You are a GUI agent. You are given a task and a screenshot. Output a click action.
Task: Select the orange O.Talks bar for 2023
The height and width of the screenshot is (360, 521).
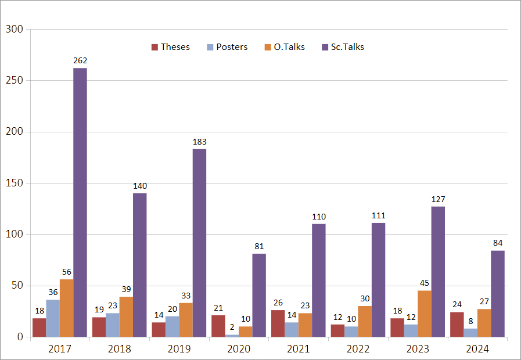point(424,314)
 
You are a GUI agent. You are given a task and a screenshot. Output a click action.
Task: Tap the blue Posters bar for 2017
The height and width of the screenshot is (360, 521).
point(53,318)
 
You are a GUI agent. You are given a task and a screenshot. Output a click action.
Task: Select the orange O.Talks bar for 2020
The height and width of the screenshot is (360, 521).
point(245,332)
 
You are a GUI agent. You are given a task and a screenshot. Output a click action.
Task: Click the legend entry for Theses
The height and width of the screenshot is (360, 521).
point(170,47)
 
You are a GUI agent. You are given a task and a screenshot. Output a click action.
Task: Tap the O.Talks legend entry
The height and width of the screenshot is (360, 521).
point(284,47)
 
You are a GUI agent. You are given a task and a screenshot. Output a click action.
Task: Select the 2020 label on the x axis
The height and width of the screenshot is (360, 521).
point(239,349)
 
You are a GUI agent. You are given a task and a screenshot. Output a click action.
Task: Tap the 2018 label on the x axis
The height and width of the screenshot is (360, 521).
point(119,349)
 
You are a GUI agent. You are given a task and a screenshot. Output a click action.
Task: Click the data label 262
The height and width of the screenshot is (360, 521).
point(80,60)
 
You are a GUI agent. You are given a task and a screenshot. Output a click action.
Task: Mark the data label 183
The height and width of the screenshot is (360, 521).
point(199,142)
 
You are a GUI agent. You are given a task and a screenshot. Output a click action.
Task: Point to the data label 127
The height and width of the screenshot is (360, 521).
point(438,199)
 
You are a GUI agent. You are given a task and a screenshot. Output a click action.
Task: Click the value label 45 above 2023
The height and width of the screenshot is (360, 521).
point(424,283)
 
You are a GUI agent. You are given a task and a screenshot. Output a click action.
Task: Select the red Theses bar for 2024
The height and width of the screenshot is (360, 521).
point(457,324)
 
